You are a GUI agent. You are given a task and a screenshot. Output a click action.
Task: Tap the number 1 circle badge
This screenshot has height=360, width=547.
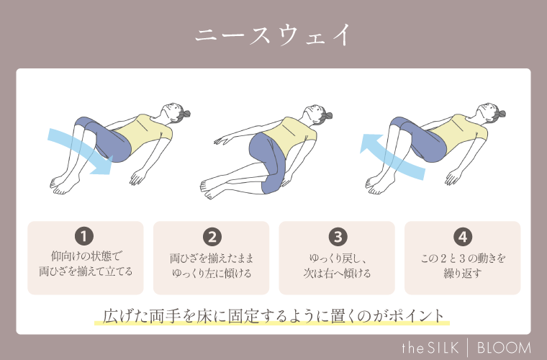click(x=85, y=236)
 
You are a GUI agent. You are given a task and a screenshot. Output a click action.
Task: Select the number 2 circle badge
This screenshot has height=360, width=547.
click(x=211, y=236)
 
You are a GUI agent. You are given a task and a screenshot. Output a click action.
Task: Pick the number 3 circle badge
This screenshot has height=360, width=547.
click(x=337, y=236)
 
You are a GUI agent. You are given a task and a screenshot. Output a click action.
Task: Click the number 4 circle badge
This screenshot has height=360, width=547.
click(x=462, y=236)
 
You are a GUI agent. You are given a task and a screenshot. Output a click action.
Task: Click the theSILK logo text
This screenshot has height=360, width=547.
click(x=430, y=347)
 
